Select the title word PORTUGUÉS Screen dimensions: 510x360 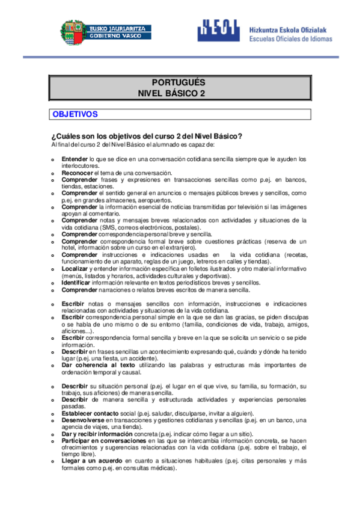(x=178, y=83)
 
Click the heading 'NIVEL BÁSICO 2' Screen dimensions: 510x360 (x=171, y=93)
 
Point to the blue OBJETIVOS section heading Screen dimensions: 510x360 (x=75, y=114)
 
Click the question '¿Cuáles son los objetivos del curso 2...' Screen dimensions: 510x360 (x=147, y=136)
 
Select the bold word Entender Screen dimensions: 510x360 (x=75, y=159)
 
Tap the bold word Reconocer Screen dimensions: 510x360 (x=77, y=173)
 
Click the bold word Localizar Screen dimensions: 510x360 (x=76, y=269)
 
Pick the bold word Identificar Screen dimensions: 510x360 (x=78, y=282)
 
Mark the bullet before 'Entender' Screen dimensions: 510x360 (x=53, y=160)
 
